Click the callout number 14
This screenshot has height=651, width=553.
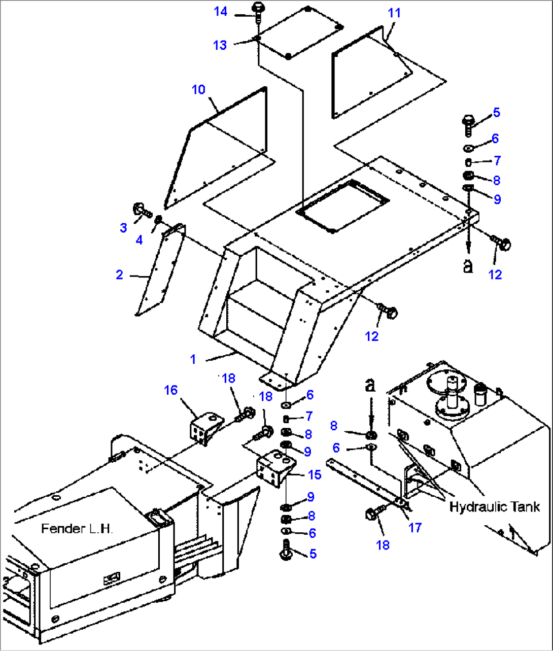(221, 11)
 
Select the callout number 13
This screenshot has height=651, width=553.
(220, 45)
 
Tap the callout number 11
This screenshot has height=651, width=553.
(394, 13)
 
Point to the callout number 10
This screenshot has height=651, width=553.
(198, 90)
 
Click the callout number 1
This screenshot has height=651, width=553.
(193, 359)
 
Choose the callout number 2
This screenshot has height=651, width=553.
(119, 275)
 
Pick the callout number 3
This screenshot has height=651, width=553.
(123, 228)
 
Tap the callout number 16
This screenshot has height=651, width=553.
(171, 390)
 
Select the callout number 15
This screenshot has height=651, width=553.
(315, 474)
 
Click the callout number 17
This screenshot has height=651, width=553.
(415, 528)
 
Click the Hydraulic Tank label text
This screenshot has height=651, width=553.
(495, 506)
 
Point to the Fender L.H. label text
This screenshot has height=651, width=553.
(77, 529)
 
